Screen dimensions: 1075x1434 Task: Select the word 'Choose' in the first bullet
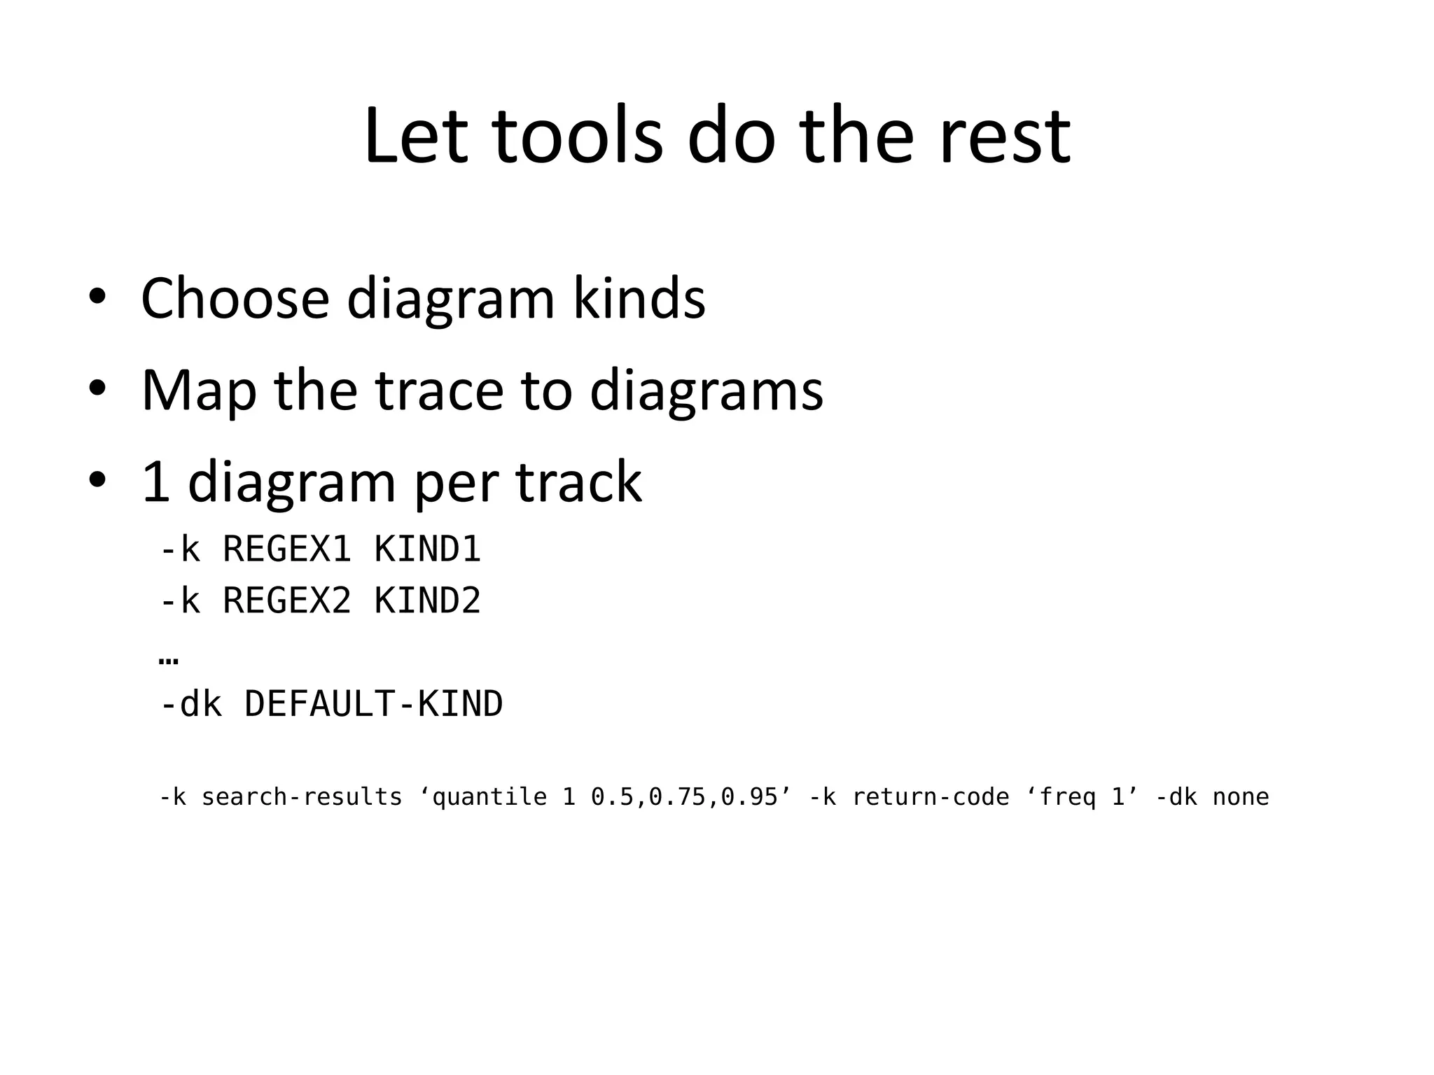coord(235,300)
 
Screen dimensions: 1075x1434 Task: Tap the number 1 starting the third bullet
coord(156,483)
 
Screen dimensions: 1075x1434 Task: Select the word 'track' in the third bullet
coord(579,483)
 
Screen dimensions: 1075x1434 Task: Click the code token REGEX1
coord(286,549)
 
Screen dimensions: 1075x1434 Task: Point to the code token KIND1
coord(428,549)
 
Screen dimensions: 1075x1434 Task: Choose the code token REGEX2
coord(286,601)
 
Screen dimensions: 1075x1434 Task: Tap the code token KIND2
coord(428,601)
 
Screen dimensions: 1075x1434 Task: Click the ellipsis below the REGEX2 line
coord(169,660)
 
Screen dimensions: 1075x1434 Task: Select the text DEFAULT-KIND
coord(373,705)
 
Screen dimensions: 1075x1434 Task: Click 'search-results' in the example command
coord(302,798)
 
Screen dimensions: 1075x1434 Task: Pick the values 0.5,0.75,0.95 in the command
coord(685,798)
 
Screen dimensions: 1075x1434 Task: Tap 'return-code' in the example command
coord(931,798)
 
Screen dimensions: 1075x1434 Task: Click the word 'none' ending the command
coord(1241,798)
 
